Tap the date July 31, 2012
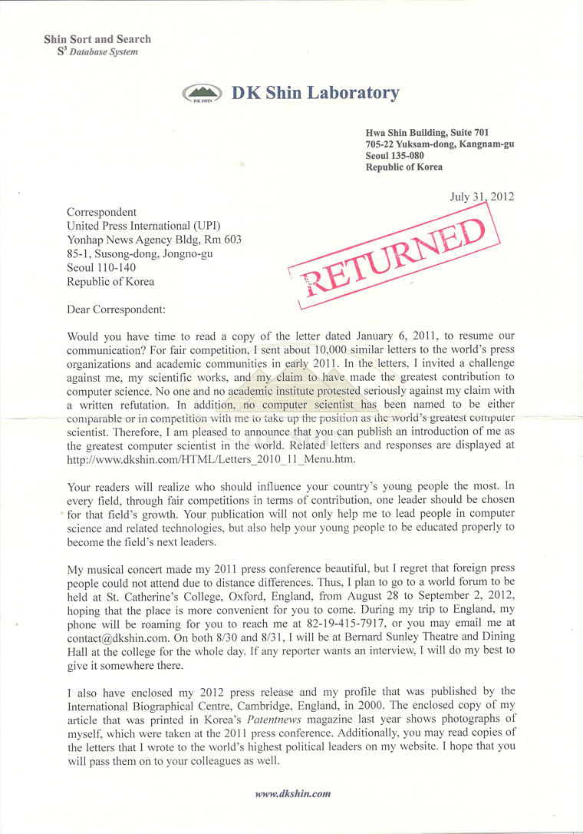pyautogui.click(x=481, y=196)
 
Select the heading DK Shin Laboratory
pyautogui.click(x=315, y=93)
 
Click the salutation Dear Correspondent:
pyautogui.click(x=116, y=309)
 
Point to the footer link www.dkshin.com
pyautogui.click(x=292, y=793)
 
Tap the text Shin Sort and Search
pyautogui.click(x=97, y=39)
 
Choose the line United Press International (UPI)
pyautogui.click(x=143, y=226)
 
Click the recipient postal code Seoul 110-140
pyautogui.click(x=103, y=267)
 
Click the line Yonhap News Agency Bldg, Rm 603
pyautogui.click(x=154, y=240)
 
